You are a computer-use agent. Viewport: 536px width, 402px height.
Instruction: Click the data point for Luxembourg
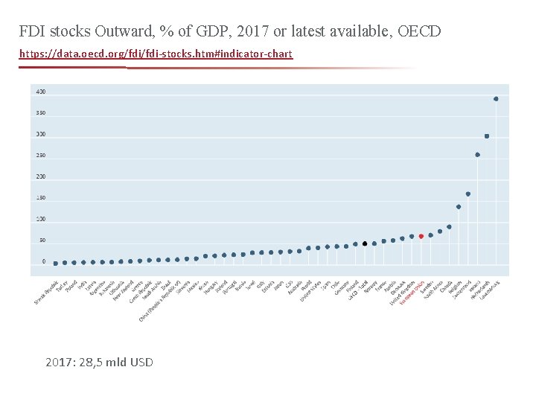point(496,98)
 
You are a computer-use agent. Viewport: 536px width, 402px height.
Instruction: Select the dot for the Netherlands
point(487,136)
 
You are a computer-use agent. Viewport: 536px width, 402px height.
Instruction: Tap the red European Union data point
point(421,236)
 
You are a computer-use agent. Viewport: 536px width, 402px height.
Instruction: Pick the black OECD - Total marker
point(365,243)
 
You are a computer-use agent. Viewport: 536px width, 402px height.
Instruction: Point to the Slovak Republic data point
point(55,263)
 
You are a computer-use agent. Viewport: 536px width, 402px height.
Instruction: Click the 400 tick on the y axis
point(40,92)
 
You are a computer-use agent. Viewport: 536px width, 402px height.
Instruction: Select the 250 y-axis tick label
point(40,155)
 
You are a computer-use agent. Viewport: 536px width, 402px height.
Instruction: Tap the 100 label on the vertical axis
point(40,219)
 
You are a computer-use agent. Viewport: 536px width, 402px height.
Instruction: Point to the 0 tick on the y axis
point(43,261)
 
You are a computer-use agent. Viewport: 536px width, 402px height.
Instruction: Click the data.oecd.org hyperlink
point(156,54)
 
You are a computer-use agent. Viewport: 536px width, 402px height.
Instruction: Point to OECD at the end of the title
point(419,31)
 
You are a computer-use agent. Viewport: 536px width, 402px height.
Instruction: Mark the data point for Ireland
point(477,155)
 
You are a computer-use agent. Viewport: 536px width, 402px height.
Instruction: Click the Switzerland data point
point(468,194)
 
